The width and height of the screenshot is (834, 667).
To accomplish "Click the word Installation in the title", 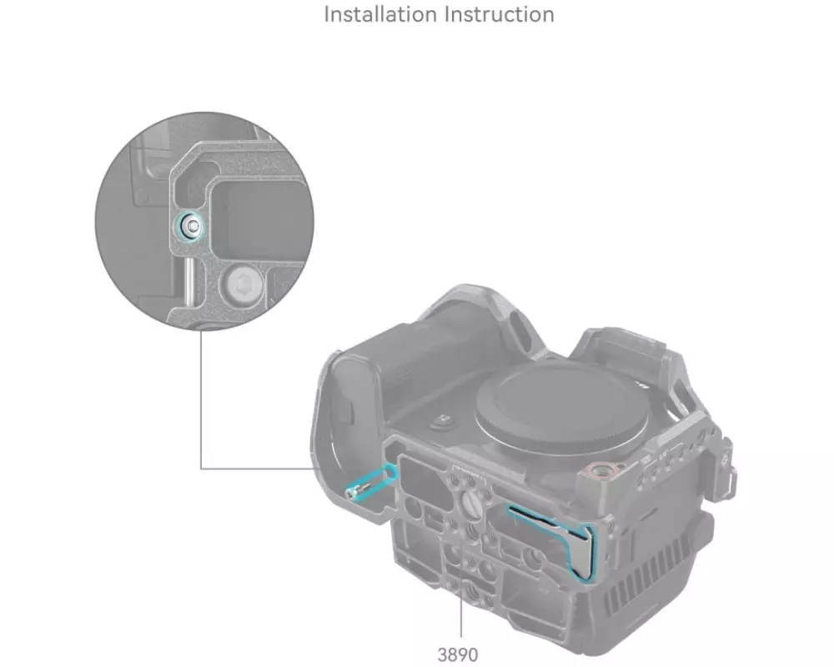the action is click(380, 14).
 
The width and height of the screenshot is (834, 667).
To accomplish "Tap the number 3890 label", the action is click(457, 654).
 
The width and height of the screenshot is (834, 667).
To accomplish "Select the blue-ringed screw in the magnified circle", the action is click(190, 226).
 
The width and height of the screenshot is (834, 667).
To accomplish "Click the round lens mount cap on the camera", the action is click(563, 407).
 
